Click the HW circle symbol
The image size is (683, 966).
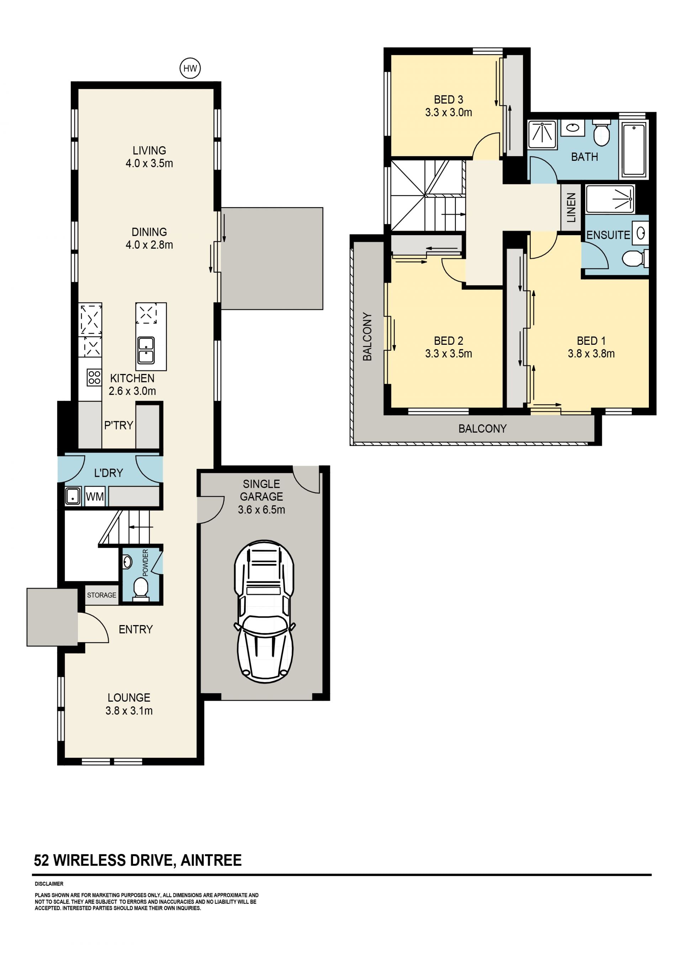190,68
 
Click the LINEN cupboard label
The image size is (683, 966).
571,207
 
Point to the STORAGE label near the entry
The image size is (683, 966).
101,595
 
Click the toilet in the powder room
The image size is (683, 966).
141,588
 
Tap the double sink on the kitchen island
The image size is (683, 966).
145,350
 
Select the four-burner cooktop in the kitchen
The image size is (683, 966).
94,377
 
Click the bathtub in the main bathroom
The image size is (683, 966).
634,149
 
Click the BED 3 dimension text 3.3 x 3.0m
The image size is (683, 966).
448,113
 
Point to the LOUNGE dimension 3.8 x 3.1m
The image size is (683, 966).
129,711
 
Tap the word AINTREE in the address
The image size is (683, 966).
211,860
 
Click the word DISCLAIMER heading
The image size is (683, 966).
49,884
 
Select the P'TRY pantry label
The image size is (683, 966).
118,425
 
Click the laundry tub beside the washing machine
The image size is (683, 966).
73,496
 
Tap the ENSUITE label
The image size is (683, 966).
608,235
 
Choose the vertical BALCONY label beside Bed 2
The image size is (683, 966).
367,337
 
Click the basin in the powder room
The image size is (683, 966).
127,562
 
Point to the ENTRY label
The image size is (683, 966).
136,629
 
